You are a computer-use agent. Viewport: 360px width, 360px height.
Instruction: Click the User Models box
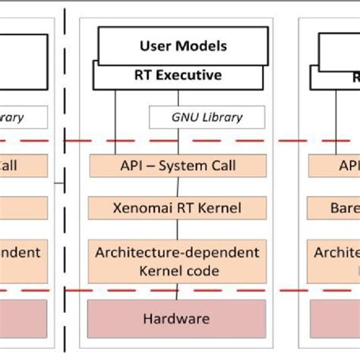click(183, 46)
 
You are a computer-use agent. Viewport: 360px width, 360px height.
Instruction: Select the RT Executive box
click(178, 75)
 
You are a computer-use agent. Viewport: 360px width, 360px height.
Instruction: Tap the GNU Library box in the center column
click(207, 117)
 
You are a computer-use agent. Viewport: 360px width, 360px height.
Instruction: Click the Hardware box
click(177, 319)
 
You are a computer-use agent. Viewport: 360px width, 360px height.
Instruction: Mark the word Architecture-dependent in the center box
click(177, 251)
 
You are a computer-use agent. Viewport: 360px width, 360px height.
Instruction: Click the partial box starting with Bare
click(334, 207)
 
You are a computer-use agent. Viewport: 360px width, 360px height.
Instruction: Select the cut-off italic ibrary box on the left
click(23, 117)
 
